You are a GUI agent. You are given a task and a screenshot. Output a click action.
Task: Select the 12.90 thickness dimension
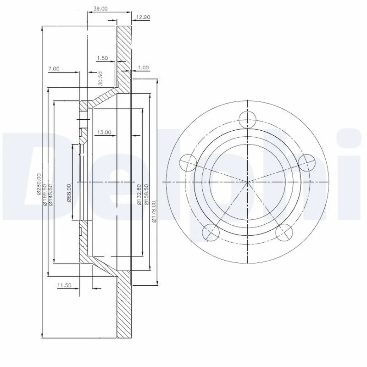(143, 18)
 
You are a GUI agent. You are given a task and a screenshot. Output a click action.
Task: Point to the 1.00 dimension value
(144, 68)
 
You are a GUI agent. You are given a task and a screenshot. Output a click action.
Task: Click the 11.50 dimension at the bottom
(65, 285)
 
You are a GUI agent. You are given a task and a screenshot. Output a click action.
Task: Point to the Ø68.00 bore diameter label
(69, 193)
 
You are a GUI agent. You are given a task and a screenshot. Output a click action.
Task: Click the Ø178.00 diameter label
(154, 211)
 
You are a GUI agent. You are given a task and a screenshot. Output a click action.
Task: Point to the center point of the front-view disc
(248, 182)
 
